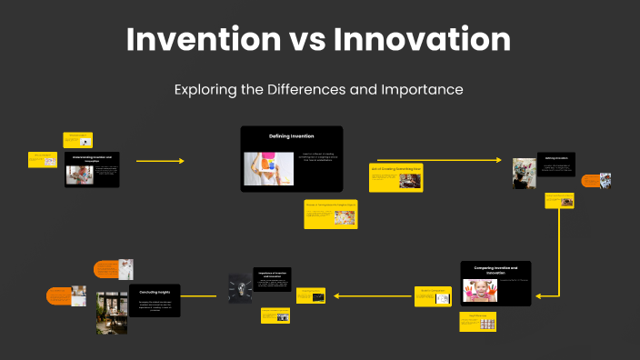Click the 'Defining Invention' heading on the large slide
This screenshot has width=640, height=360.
(291, 135)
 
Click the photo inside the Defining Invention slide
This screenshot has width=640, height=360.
(267, 168)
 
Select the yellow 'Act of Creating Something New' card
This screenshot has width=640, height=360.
(396, 177)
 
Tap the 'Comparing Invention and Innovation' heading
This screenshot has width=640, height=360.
(495, 270)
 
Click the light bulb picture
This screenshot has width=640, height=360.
(240, 287)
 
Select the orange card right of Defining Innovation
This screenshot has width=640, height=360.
(589, 180)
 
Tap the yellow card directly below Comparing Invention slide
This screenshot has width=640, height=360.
(477, 322)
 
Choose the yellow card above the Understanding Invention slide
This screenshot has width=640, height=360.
(77, 139)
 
